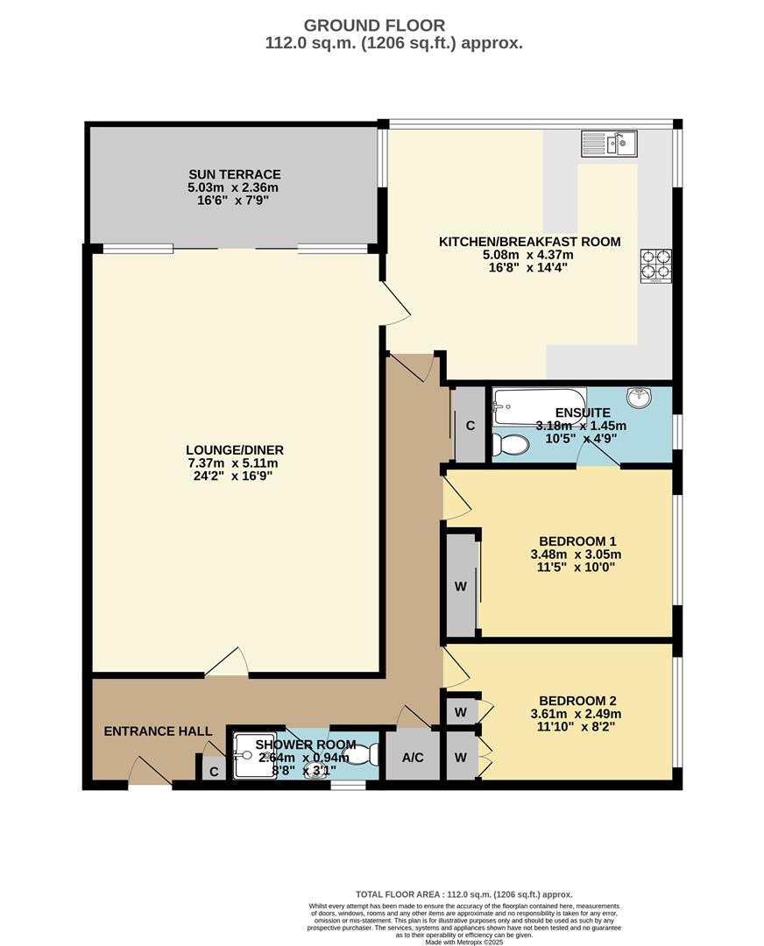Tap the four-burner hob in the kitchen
656,266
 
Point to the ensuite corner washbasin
643,397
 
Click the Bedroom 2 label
577,701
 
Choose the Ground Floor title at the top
374,26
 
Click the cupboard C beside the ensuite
470,426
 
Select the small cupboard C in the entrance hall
213,770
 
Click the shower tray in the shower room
254,755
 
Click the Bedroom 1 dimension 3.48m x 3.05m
576,554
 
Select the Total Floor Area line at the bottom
463,895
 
